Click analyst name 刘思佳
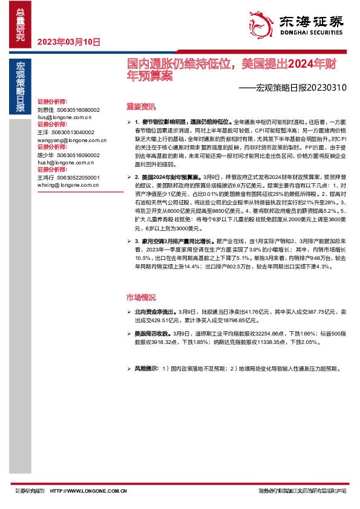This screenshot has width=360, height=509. click(45, 110)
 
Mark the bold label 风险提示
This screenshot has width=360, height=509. click(146, 368)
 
